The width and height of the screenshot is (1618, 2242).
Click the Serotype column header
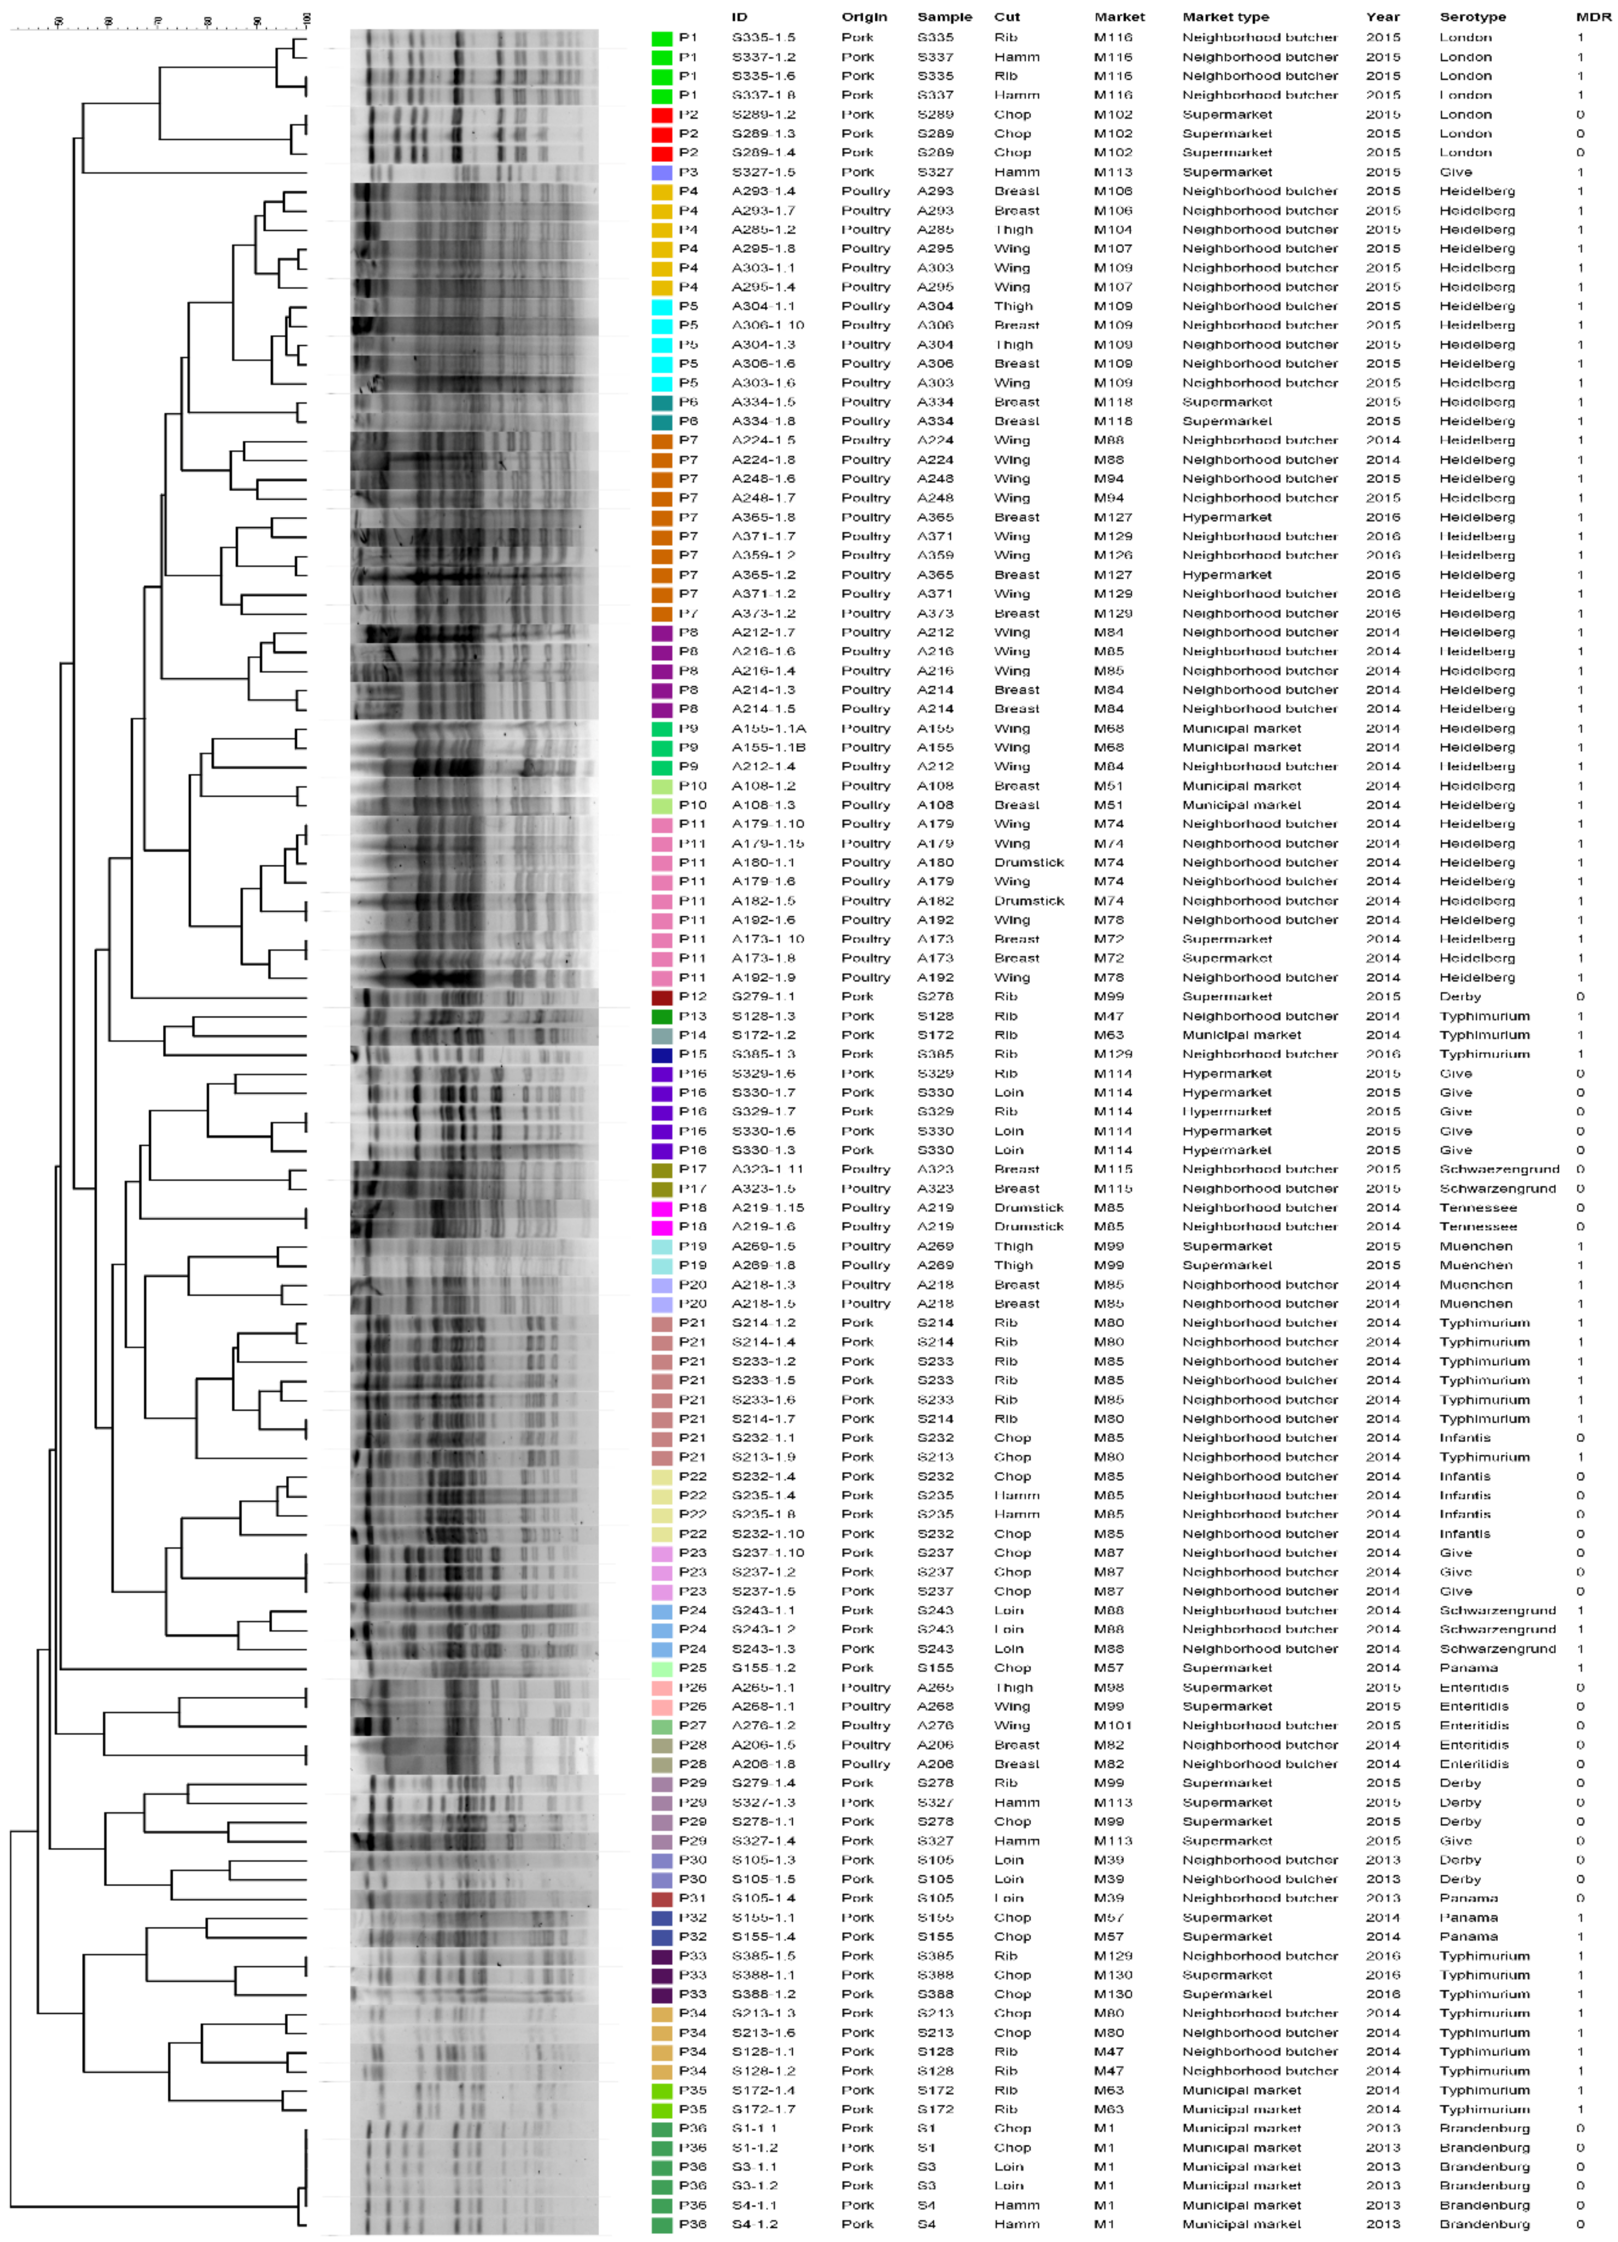click(1472, 17)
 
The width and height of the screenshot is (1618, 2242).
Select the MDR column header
click(1593, 17)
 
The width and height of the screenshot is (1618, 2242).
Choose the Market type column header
click(1226, 17)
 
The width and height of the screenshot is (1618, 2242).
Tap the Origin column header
click(864, 17)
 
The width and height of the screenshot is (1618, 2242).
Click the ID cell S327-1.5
click(763, 172)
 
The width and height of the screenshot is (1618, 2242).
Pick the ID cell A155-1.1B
click(768, 747)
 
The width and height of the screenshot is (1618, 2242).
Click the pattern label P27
click(692, 1725)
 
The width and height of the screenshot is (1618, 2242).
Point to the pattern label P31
click(692, 1898)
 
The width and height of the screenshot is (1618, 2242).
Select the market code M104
click(1113, 229)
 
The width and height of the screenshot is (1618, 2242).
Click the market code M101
click(1113, 1725)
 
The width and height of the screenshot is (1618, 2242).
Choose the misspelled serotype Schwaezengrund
click(1498, 1169)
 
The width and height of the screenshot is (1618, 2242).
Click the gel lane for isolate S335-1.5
click(475, 38)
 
